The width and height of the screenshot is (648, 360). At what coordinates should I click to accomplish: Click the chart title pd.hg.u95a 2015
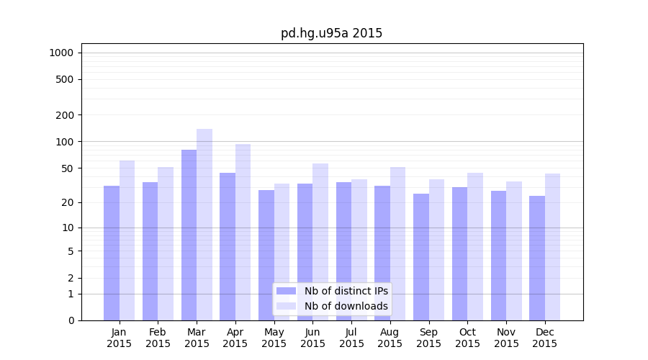click(x=331, y=34)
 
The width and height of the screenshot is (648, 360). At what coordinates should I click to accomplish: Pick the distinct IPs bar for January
click(x=112, y=253)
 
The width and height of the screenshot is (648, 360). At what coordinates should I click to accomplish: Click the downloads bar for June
click(x=320, y=242)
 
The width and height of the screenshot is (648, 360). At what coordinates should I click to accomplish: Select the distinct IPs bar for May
click(x=266, y=255)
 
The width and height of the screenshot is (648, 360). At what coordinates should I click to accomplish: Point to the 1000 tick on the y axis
click(x=61, y=53)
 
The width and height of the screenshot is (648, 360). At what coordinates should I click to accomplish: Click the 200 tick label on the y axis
click(x=64, y=115)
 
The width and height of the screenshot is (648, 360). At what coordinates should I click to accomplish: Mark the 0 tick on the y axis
click(x=71, y=320)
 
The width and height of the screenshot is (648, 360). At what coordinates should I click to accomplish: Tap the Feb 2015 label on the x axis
click(x=158, y=338)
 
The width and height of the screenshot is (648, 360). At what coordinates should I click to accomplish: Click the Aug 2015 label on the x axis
click(x=390, y=338)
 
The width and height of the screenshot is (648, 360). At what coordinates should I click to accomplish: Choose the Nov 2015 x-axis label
click(x=506, y=338)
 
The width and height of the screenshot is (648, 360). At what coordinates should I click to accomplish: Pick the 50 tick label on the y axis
click(x=67, y=168)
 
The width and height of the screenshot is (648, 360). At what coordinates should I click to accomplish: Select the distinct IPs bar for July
click(x=343, y=251)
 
